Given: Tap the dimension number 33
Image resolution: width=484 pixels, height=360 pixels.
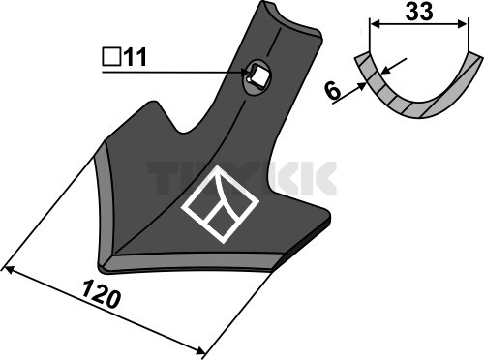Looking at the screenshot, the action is point(419,12).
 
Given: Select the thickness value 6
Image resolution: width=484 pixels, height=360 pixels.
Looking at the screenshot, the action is point(333,91).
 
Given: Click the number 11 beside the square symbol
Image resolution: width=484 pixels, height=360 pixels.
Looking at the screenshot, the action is point(135,57).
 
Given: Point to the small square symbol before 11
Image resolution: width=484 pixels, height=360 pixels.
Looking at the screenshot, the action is point(111,56).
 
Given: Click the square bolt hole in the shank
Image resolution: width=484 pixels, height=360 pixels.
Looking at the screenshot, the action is point(257,76).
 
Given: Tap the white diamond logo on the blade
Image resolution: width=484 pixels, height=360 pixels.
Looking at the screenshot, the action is point(221,204).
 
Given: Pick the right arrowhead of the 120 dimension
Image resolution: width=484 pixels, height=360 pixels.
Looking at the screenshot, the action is point(200,350).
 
